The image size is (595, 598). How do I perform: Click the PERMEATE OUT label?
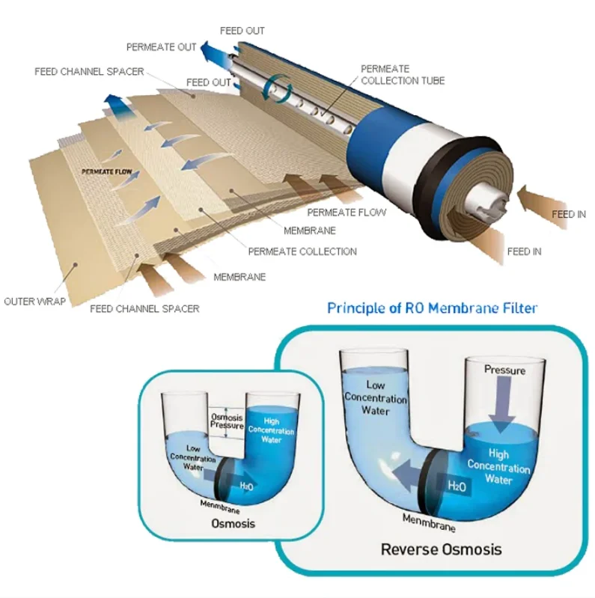[x=162, y=47]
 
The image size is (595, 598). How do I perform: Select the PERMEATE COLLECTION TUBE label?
[x=403, y=75]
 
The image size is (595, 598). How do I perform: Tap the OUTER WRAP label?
[x=34, y=302]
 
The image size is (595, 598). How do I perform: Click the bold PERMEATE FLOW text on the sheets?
[x=107, y=171]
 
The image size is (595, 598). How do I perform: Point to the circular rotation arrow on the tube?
[x=278, y=88]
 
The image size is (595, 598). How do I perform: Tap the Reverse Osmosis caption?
[x=442, y=549]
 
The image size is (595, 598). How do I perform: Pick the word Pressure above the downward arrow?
[x=504, y=370]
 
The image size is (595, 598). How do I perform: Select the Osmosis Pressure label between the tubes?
[x=227, y=421]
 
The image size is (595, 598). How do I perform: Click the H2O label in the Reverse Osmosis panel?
[x=457, y=486]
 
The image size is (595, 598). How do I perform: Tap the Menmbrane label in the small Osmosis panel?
[x=220, y=507]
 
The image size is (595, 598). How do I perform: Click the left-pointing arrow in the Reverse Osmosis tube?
[x=408, y=475]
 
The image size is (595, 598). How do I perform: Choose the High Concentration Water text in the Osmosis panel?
[x=271, y=430]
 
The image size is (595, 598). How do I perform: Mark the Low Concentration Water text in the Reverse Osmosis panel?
[x=376, y=397]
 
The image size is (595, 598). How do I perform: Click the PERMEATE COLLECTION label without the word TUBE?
[x=302, y=251]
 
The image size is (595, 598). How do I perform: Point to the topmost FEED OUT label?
[x=242, y=31]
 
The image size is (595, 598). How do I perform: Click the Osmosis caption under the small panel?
[x=233, y=523]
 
